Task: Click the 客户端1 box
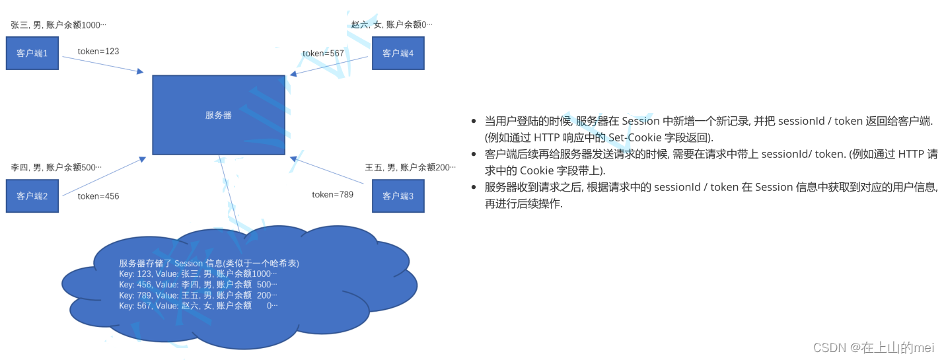32,54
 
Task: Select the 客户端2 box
32,196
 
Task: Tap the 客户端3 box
398,196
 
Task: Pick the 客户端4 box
398,54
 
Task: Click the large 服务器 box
219,115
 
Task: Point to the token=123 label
98,51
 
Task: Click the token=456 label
98,196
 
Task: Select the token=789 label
332,194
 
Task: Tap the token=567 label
323,54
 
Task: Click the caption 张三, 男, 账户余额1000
58,25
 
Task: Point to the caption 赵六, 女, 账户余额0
392,25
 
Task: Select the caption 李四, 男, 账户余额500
56,168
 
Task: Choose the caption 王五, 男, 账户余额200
410,168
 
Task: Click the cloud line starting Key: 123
198,273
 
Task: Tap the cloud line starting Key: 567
198,306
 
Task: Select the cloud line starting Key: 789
198,295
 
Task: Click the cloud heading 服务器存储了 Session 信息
209,263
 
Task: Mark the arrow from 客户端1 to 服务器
102,64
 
